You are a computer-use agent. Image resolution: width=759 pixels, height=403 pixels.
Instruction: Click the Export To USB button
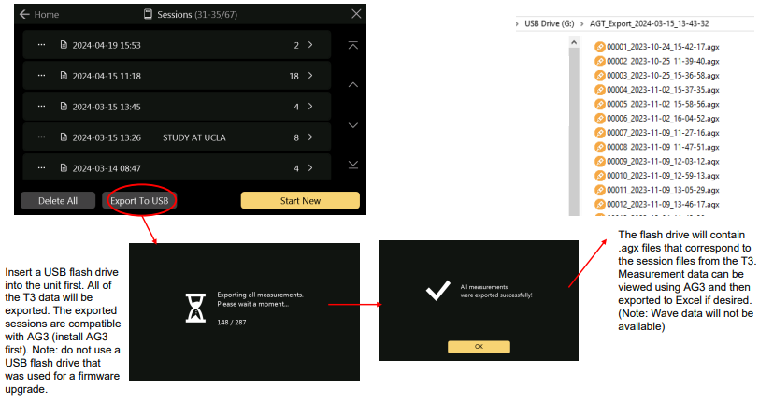click(x=139, y=200)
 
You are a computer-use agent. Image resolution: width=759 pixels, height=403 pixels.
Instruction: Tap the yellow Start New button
click(x=300, y=200)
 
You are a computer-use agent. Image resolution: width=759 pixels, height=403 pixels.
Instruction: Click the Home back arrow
click(x=24, y=15)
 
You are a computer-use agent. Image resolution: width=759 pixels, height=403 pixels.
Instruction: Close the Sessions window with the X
click(x=356, y=14)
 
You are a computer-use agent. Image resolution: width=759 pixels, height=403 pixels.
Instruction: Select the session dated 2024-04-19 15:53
click(x=107, y=45)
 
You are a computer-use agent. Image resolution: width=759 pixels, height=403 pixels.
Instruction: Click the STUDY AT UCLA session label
click(x=194, y=137)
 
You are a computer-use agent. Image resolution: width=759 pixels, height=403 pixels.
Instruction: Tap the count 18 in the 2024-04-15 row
click(x=294, y=76)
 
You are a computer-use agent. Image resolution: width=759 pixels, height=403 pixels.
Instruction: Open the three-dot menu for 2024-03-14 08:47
click(x=42, y=167)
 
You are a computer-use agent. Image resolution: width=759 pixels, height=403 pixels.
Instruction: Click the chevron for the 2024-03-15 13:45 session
click(x=310, y=106)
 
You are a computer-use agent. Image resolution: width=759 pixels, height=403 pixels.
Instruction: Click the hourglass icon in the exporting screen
click(x=195, y=308)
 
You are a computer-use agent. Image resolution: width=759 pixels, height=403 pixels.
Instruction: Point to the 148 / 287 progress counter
click(x=232, y=322)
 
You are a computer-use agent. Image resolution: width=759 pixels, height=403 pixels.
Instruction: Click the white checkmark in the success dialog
click(x=437, y=291)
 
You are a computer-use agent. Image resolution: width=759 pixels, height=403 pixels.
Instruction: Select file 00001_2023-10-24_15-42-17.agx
click(x=663, y=47)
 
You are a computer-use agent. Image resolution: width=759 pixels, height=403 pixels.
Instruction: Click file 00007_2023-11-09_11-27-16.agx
click(x=663, y=133)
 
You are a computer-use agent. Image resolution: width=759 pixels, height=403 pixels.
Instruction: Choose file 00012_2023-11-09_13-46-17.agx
click(x=663, y=205)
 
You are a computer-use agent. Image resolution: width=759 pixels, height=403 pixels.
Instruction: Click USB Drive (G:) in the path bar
click(x=550, y=23)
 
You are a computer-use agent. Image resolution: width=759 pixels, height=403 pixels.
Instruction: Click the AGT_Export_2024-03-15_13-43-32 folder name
click(x=649, y=23)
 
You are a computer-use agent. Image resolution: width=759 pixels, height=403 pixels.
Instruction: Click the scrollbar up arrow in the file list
click(x=574, y=43)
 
